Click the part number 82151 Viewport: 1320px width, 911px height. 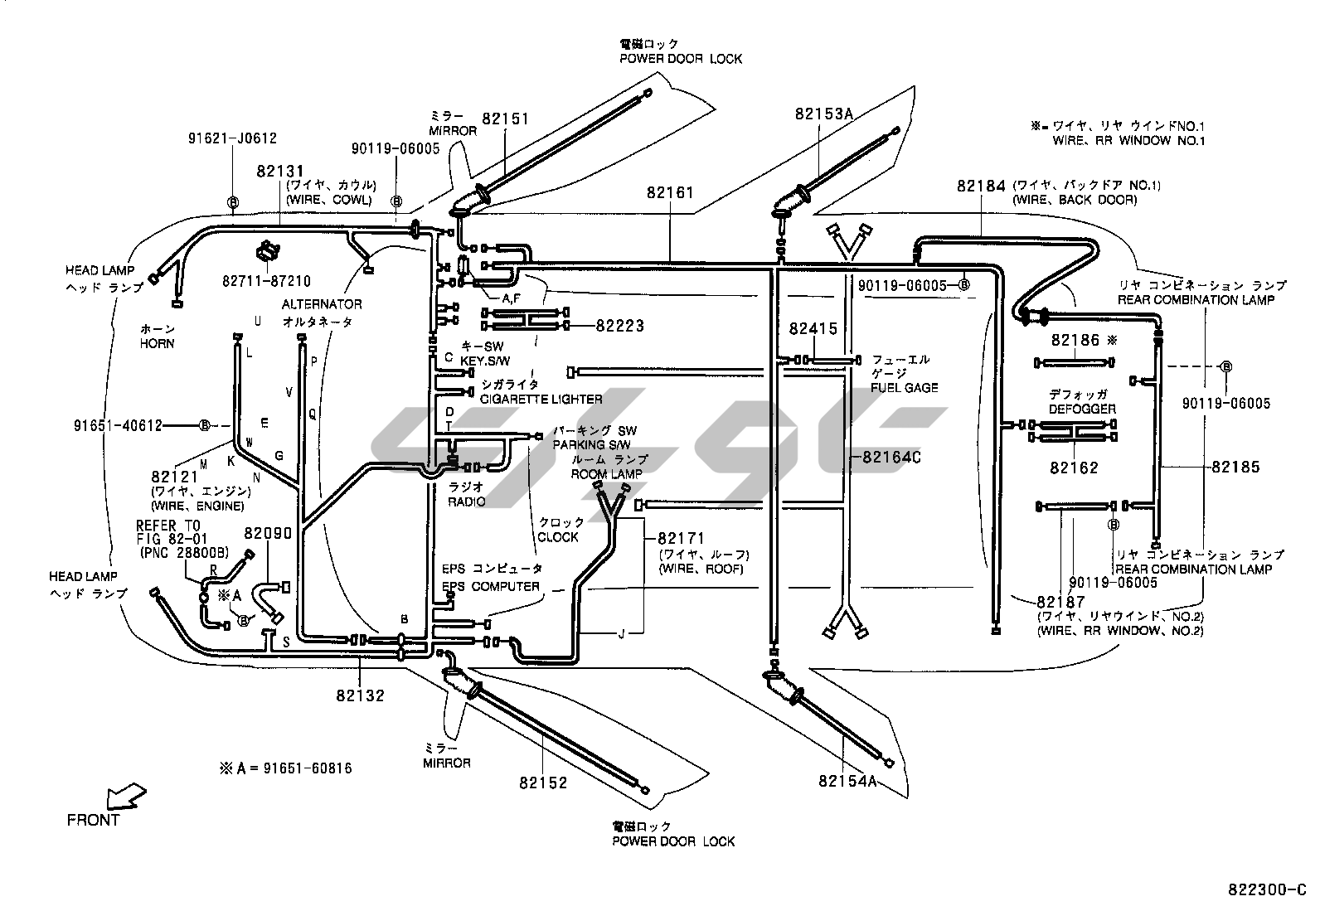(505, 119)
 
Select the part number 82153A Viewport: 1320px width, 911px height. (823, 114)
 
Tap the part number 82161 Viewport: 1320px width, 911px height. (670, 193)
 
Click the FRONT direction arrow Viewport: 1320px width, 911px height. (125, 797)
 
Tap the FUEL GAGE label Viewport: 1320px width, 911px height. (904, 387)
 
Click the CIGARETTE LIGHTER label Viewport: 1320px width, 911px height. (541, 399)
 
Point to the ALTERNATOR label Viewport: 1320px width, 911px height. (321, 304)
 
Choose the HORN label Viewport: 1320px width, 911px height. (157, 343)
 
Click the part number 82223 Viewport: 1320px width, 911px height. (619, 327)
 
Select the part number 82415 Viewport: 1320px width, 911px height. (813, 329)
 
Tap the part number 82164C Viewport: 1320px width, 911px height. (891, 457)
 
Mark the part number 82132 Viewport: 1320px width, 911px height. (361, 695)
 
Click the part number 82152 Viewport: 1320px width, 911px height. (544, 783)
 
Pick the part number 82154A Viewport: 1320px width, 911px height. (847, 781)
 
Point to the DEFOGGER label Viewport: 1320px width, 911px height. (1082, 409)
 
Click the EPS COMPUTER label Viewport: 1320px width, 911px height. (491, 586)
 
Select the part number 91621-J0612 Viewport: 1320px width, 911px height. (232, 139)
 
